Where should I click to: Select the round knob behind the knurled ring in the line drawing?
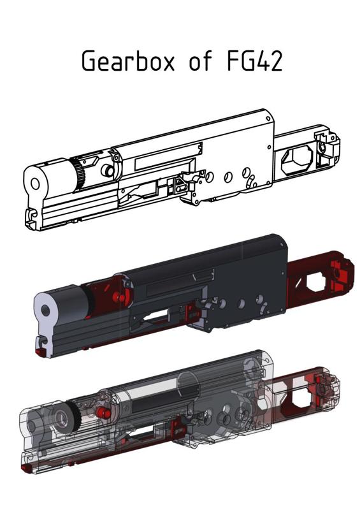[x=106, y=171]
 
